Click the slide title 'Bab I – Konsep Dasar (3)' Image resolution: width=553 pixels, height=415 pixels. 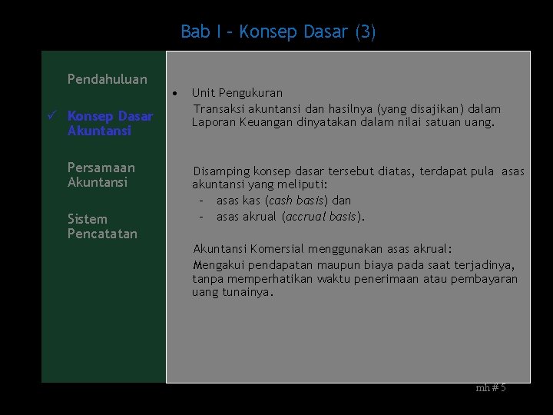pyautogui.click(x=278, y=32)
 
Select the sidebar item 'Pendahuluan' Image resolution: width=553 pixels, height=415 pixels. pyautogui.click(x=107, y=79)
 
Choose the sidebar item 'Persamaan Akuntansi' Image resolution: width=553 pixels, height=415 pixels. pyautogui.click(x=101, y=174)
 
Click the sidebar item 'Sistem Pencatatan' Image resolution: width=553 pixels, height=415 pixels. pyautogui.click(x=102, y=226)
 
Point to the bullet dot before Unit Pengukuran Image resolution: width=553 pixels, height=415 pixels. pyautogui.click(x=176, y=93)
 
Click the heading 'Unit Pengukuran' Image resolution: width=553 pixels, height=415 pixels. pyautogui.click(x=237, y=93)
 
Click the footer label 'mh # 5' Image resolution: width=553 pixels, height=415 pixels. pyautogui.click(x=491, y=388)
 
